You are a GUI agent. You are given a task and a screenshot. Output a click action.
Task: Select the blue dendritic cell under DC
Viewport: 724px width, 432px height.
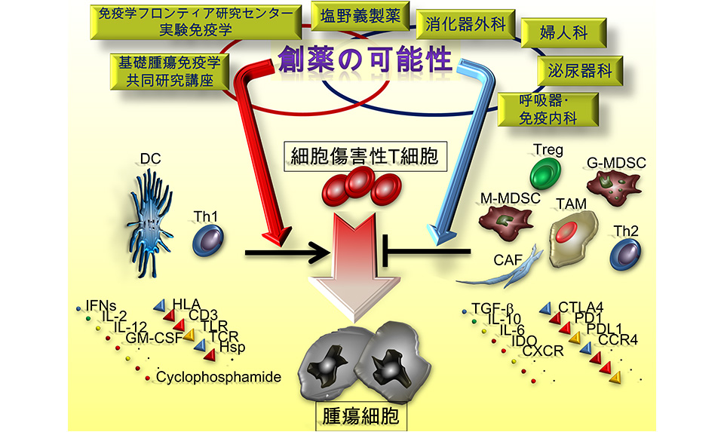tap(155, 214)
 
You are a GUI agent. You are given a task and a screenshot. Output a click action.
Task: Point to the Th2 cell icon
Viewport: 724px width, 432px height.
tap(626, 255)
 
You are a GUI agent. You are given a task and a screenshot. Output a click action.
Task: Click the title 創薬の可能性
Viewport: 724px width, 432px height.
tap(364, 59)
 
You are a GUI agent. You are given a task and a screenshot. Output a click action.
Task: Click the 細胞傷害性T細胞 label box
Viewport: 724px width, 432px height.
tap(364, 157)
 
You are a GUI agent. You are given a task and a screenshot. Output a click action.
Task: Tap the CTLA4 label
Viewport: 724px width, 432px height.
tap(581, 306)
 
